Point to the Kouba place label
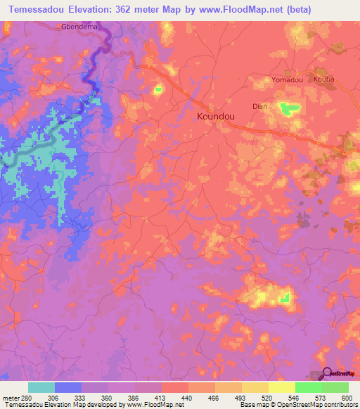(325, 79)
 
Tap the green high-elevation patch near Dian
(288, 108)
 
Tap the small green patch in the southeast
(285, 299)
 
